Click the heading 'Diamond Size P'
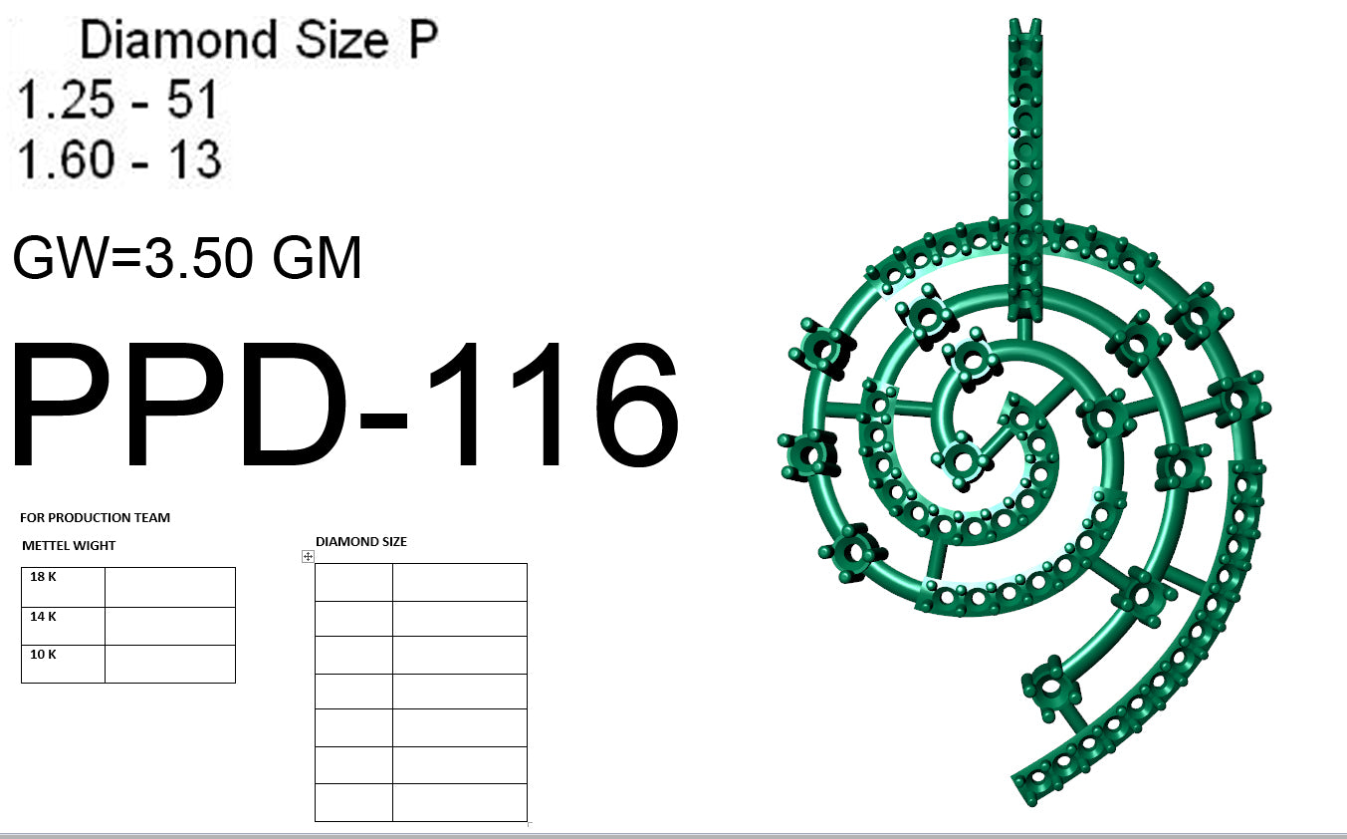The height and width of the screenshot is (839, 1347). (258, 41)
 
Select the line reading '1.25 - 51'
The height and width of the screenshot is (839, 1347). (117, 100)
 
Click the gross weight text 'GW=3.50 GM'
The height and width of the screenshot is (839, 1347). (187, 258)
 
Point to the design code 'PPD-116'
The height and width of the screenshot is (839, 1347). (345, 407)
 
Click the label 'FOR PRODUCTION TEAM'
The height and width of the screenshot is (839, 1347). (95, 518)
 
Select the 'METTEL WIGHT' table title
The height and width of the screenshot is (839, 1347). (69, 546)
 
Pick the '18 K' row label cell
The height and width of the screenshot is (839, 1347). (63, 587)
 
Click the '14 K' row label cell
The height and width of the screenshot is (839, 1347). (63, 626)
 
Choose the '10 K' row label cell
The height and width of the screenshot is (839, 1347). (63, 664)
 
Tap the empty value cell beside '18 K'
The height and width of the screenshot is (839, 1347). (170, 587)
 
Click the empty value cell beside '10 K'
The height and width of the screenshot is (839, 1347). (170, 664)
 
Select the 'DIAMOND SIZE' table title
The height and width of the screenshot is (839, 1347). (360, 542)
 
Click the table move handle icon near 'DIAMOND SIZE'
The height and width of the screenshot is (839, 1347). (308, 557)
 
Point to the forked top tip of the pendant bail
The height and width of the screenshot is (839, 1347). (1025, 28)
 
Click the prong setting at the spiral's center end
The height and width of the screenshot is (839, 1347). (962, 460)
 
